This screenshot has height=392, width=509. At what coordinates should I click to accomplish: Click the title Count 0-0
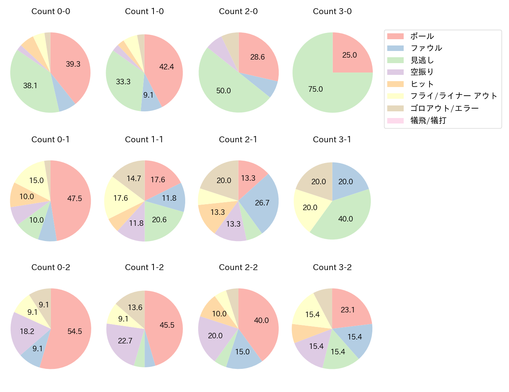[51, 11]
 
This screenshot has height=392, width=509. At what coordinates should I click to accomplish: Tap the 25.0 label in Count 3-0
[349, 55]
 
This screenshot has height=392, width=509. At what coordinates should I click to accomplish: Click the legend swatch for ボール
[395, 36]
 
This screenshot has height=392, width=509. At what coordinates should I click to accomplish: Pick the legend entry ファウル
[426, 48]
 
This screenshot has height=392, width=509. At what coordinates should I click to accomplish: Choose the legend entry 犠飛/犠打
[428, 120]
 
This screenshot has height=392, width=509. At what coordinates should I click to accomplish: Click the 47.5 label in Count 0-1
[74, 199]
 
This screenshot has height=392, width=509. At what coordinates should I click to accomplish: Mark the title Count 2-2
[238, 267]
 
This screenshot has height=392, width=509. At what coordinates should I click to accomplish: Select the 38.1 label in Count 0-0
[30, 85]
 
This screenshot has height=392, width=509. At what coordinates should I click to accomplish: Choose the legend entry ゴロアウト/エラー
[444, 108]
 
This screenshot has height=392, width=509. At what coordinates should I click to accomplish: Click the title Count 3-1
[332, 140]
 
